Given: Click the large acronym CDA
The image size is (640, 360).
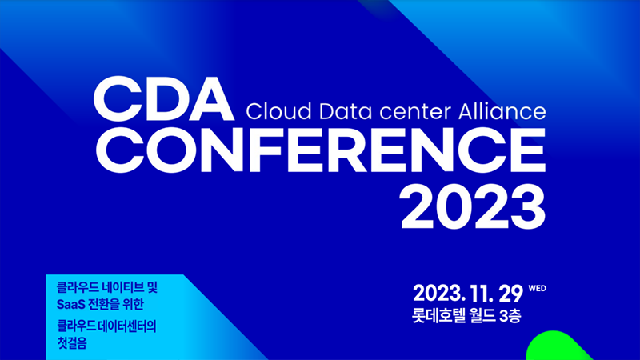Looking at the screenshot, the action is [x=164, y=98].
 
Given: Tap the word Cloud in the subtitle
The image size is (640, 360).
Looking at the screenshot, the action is [x=278, y=111].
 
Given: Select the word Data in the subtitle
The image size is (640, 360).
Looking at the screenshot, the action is [x=346, y=111].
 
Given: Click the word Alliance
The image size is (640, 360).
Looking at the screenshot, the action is [x=502, y=111].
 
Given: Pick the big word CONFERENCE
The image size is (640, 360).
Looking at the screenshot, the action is [x=321, y=150].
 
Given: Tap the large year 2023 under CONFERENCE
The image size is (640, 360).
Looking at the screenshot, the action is [x=473, y=206].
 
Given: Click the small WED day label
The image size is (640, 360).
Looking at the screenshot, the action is [x=537, y=289].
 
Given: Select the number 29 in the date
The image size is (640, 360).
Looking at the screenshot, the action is [x=510, y=294].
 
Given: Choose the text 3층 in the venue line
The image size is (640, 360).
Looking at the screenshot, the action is [x=510, y=315].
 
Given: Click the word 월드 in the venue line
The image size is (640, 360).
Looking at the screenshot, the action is [x=482, y=315].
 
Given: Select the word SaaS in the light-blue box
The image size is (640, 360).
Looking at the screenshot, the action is [x=71, y=305].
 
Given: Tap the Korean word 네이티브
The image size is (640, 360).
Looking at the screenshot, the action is [x=122, y=287].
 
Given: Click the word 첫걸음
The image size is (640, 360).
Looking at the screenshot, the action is [x=72, y=343].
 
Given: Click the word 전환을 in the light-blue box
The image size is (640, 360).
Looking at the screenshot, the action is [x=103, y=305].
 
